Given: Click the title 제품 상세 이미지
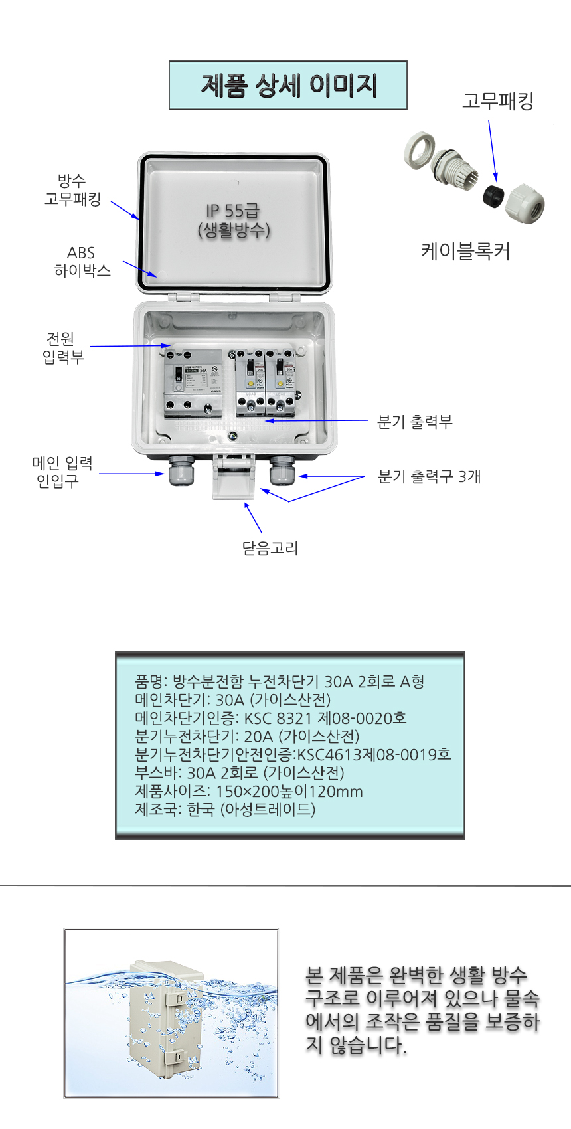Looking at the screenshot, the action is [x=287, y=86].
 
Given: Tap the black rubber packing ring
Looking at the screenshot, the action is [x=492, y=195].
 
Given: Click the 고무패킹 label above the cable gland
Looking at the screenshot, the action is [x=497, y=102].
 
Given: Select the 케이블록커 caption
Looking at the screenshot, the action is [x=465, y=252].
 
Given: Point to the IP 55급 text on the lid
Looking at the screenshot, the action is [x=232, y=211].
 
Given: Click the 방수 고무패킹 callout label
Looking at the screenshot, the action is [x=72, y=190].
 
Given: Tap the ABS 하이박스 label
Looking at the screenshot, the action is [x=82, y=262].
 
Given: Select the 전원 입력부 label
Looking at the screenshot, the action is [x=63, y=348].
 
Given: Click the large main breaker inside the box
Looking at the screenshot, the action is [x=193, y=383].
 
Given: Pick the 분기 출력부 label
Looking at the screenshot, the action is [x=415, y=422].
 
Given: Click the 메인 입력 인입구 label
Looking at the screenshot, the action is [x=62, y=472].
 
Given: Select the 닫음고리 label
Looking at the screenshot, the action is [x=270, y=548].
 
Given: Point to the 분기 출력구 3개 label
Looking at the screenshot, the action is [x=430, y=476].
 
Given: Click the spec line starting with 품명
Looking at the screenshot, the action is [x=280, y=681].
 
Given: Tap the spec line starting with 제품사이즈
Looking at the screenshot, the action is [x=249, y=791].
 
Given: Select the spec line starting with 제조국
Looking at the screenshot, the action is [x=225, y=809].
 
